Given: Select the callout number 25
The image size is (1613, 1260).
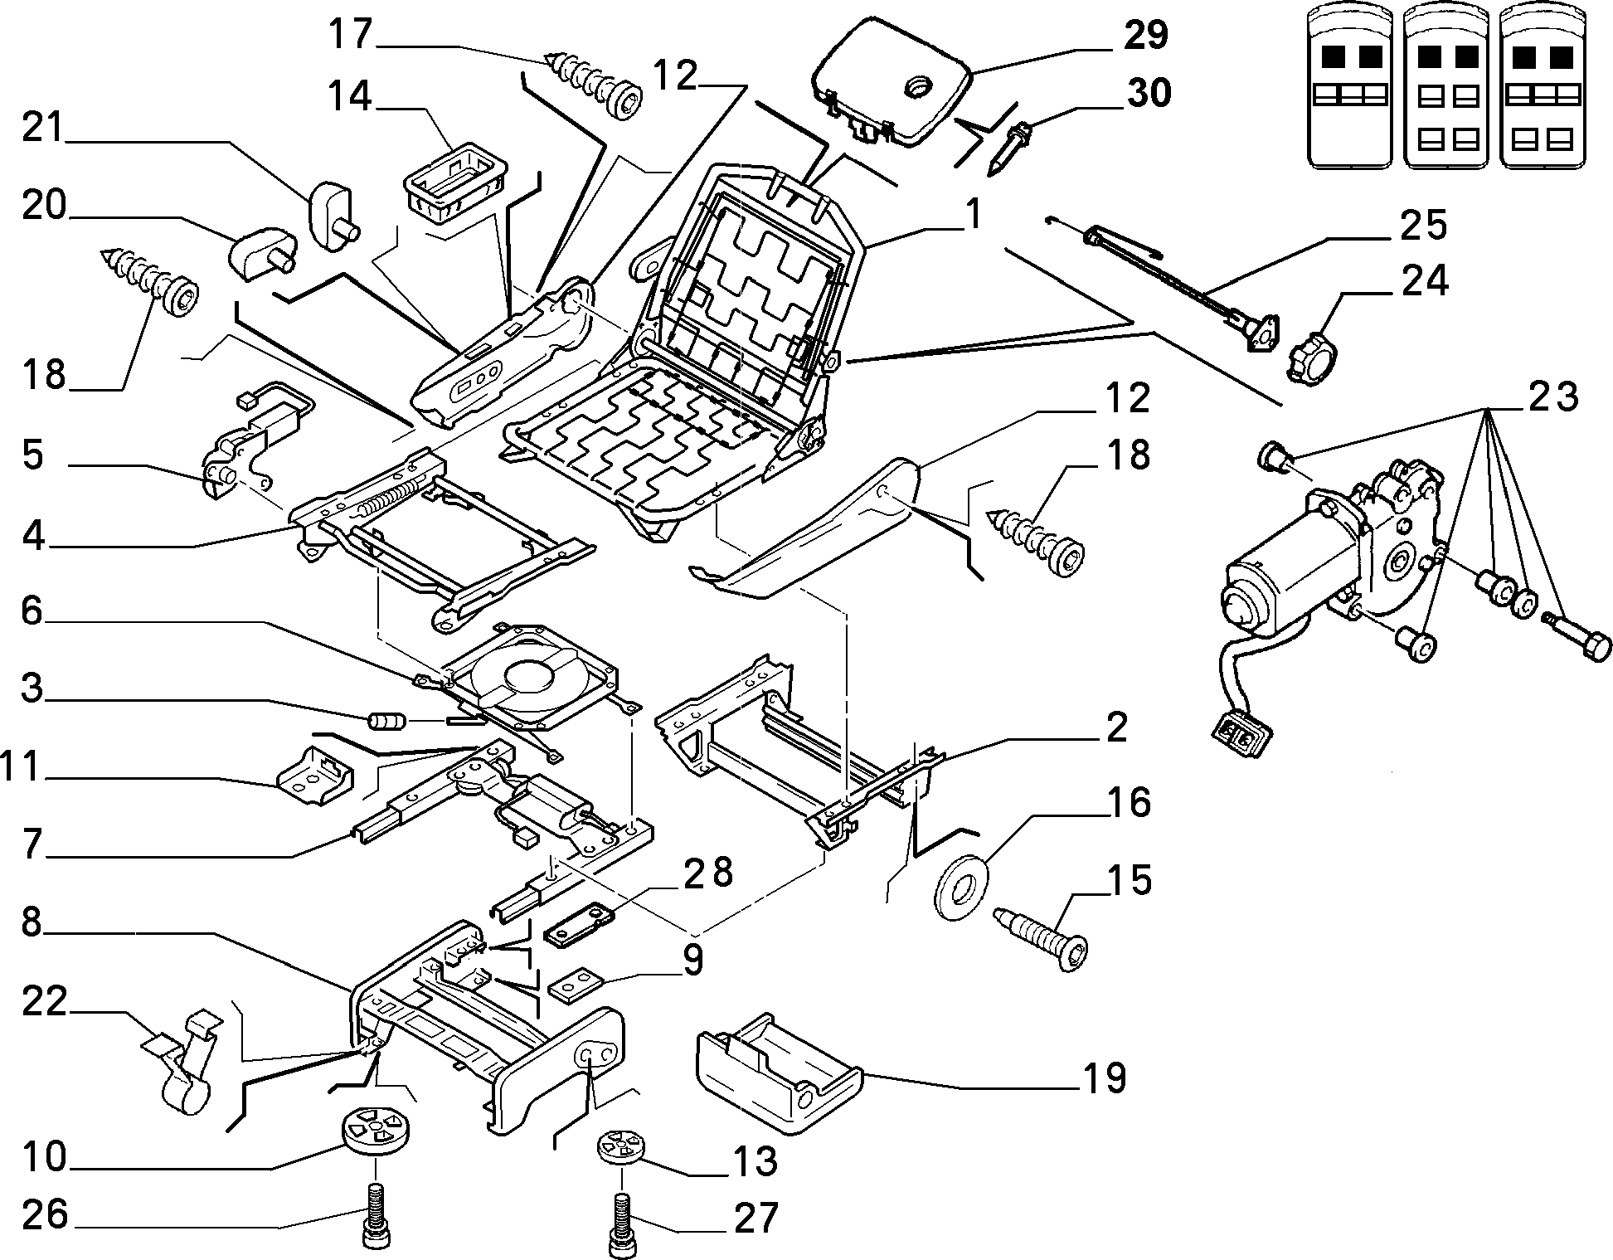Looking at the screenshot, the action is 1424,226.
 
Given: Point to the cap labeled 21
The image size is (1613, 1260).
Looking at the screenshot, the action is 333,212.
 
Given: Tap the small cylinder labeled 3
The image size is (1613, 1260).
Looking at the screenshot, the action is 386,722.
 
